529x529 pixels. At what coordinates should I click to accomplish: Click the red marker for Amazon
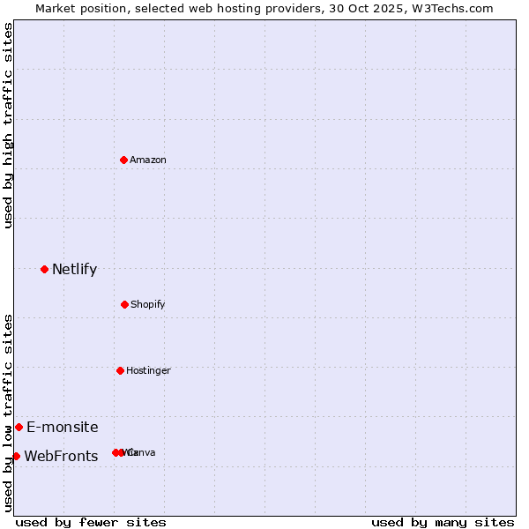pyautogui.click(x=123, y=160)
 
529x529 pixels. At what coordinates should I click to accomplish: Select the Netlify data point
pyautogui.click(x=44, y=269)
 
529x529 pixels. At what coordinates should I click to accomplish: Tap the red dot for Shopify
pyautogui.click(x=124, y=304)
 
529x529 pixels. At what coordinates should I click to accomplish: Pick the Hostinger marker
pyautogui.click(x=120, y=370)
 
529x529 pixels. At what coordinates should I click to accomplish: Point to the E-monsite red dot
pyautogui.click(x=19, y=427)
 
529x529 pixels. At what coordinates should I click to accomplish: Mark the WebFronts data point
pyautogui.click(x=16, y=456)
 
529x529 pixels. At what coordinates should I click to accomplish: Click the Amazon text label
pyautogui.click(x=148, y=160)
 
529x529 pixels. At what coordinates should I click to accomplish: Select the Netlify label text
pyautogui.click(x=74, y=269)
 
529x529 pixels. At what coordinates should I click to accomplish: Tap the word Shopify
pyautogui.click(x=148, y=304)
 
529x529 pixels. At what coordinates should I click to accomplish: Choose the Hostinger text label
pyautogui.click(x=148, y=370)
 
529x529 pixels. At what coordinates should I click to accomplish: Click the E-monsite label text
pyautogui.click(x=63, y=427)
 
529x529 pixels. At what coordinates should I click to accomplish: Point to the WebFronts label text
pyautogui.click(x=61, y=456)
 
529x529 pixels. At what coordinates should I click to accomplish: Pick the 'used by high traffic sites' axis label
pyautogui.click(x=8, y=125)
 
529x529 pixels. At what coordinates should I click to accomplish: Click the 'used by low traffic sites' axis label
pyautogui.click(x=8, y=413)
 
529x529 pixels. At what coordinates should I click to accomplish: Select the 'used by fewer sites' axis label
pyautogui.click(x=91, y=522)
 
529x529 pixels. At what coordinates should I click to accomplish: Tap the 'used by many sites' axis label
pyautogui.click(x=443, y=522)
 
